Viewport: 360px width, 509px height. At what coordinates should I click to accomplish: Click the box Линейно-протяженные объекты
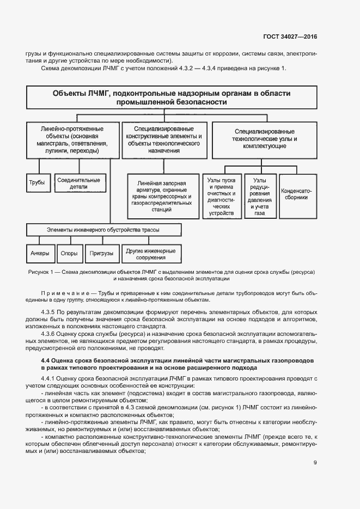[72, 140]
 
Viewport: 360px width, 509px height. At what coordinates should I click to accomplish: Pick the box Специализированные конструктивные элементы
[163, 140]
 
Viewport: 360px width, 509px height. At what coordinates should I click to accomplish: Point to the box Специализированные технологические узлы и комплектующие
[265, 139]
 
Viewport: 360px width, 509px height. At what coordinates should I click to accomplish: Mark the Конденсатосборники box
[297, 194]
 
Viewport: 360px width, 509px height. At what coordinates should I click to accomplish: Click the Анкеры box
[40, 253]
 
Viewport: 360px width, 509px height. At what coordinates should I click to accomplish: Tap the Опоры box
[70, 253]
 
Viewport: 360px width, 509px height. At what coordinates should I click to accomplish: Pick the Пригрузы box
[101, 253]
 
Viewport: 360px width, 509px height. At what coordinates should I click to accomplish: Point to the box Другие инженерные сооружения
[151, 254]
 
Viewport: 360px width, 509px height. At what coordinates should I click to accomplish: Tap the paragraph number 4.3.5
[50, 312]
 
